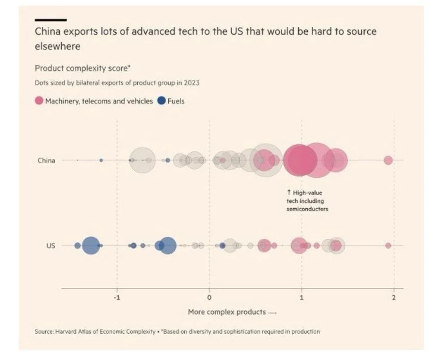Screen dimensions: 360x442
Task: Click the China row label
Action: (46, 160)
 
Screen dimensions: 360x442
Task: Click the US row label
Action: (51, 245)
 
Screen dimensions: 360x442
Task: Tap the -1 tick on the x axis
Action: (117, 298)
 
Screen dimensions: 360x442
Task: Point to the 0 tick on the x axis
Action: (209, 298)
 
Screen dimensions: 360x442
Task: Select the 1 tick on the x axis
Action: (302, 298)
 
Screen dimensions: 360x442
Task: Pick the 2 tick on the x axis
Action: (394, 298)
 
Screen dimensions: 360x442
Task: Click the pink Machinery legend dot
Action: (39, 101)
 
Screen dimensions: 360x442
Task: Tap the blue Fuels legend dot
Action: (161, 101)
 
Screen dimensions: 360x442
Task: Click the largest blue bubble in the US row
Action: (168, 245)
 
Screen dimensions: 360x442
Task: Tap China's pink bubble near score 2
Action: (388, 160)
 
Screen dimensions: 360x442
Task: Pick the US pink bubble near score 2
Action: (388, 245)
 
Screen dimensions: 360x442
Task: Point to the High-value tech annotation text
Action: (307, 201)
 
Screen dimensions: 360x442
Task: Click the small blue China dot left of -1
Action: (101, 160)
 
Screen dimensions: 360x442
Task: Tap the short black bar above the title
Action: (51, 20)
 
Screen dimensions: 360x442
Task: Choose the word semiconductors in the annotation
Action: (307, 209)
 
